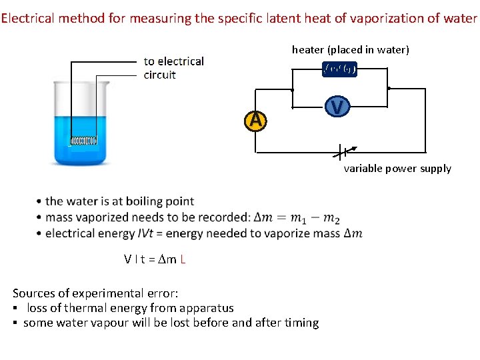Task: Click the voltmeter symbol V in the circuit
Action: tap(337, 106)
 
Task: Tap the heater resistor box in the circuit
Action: tap(339, 69)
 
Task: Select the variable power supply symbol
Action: tap(343, 152)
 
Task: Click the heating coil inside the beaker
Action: tap(84, 141)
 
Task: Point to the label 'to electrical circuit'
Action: tap(173, 68)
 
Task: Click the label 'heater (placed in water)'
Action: tap(350, 50)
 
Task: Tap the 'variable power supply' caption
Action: tap(397, 169)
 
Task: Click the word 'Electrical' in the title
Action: tap(28, 19)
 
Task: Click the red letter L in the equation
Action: tap(183, 259)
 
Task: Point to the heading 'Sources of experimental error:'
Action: tap(95, 293)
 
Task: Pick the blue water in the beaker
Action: tap(79, 127)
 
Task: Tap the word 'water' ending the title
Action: tap(460, 19)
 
